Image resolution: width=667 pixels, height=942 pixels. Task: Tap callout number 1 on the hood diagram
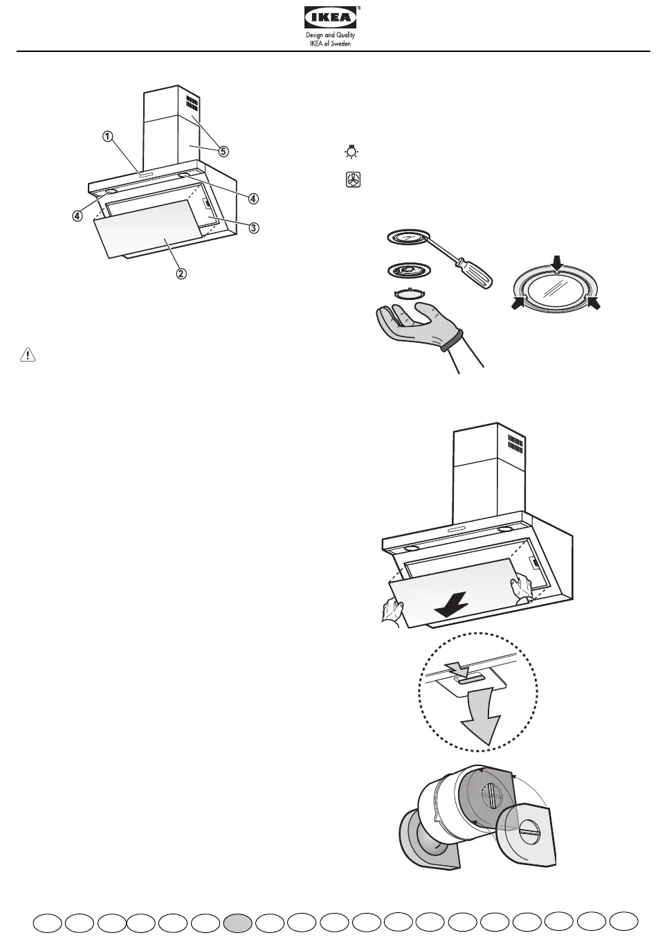point(107,136)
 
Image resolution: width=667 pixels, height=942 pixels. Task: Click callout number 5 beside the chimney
point(223,150)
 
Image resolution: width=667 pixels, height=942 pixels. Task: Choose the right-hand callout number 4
point(254,198)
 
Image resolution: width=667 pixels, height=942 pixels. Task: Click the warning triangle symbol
point(27,355)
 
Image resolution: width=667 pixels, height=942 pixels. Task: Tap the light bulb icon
point(352,152)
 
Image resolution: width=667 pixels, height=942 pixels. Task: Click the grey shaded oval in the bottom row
point(238,923)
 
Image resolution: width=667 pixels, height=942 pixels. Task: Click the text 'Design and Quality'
point(331,35)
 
